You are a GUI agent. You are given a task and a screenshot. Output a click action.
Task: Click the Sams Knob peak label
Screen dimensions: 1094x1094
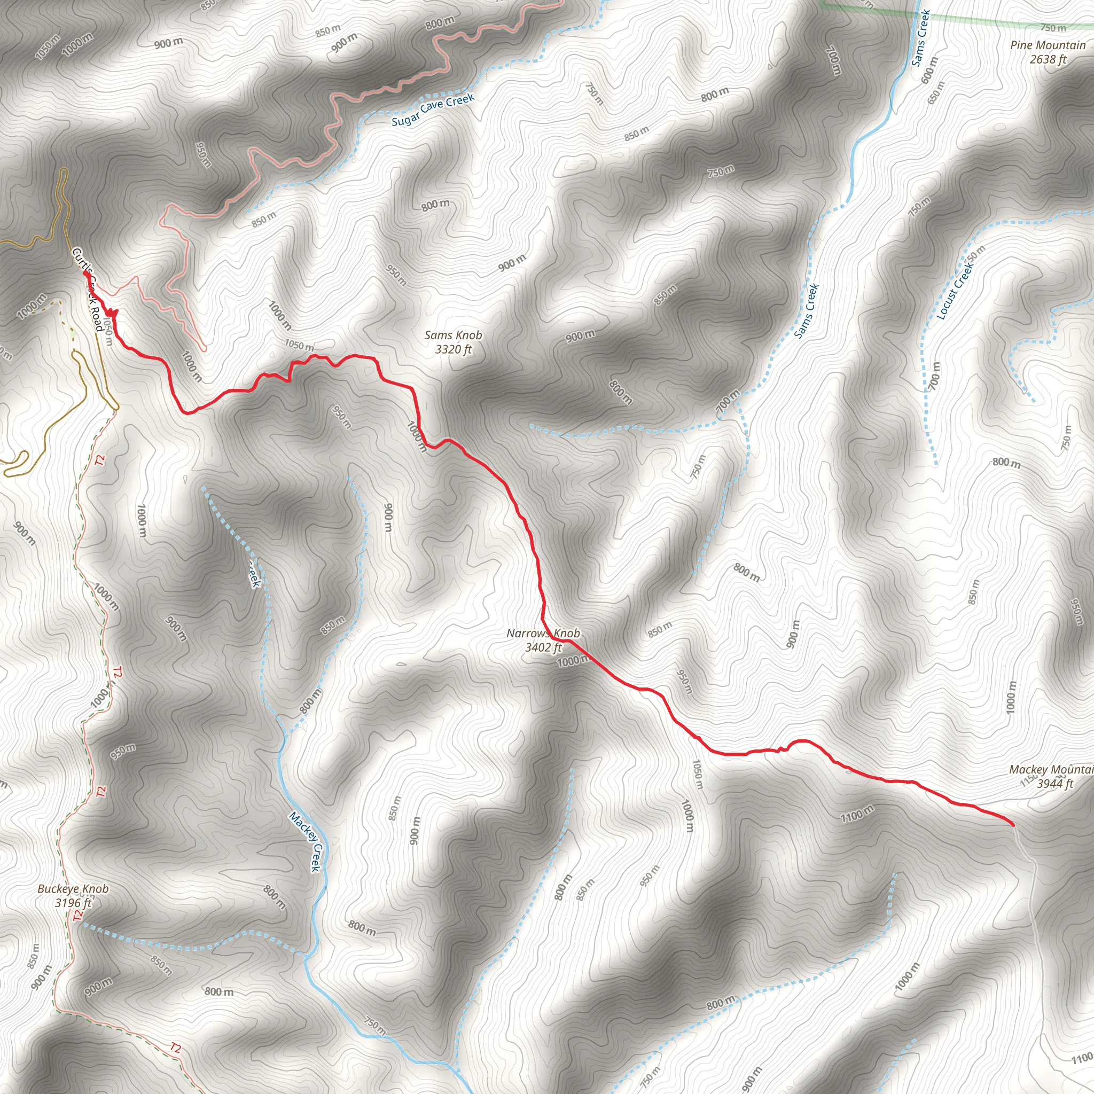click(453, 335)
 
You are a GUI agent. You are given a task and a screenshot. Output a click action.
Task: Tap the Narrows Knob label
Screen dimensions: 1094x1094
click(543, 633)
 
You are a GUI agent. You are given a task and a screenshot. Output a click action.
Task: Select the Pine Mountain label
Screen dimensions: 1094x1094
click(1048, 45)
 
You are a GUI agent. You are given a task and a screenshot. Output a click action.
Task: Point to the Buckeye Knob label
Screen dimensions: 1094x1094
click(73, 888)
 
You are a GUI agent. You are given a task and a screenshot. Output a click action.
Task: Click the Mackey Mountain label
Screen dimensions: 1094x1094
click(1051, 770)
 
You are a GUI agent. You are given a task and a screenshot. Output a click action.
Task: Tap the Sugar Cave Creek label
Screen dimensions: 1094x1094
click(433, 110)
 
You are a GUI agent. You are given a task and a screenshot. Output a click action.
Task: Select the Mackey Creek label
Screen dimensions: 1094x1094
click(305, 841)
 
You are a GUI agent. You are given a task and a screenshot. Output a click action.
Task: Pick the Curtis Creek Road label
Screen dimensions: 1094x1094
click(87, 290)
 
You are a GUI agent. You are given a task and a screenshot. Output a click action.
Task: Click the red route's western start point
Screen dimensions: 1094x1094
click(85, 273)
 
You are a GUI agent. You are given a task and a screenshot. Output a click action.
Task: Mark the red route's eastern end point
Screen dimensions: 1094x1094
click(1013, 825)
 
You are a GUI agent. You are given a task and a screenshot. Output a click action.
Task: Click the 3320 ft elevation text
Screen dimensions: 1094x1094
click(453, 349)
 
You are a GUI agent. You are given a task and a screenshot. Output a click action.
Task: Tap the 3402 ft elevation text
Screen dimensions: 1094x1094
click(543, 647)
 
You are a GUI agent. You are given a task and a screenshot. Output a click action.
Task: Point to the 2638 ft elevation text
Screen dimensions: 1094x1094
click(1048, 59)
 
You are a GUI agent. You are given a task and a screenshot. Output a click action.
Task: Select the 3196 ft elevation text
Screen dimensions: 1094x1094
click(73, 903)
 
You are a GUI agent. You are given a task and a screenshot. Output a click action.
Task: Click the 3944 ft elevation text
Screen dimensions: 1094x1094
click(1055, 784)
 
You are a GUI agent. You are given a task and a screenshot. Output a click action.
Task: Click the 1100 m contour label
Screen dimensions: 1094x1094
click(857, 814)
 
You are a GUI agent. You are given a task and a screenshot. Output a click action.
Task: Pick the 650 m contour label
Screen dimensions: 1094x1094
click(936, 92)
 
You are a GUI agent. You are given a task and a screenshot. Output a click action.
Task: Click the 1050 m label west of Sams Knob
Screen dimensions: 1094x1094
click(299, 345)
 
